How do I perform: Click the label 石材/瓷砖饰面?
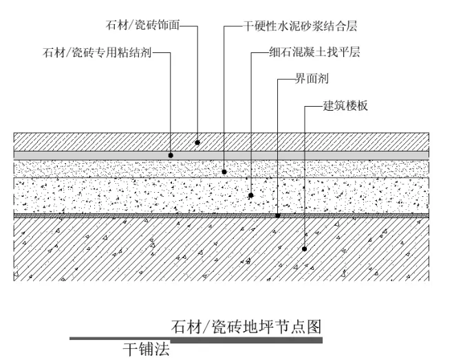(x=142, y=27)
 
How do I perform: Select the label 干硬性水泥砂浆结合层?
(x=301, y=27)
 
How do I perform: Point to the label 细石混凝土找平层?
(x=316, y=52)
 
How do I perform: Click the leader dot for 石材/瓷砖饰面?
(x=197, y=142)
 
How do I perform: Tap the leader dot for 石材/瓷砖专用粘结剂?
(x=171, y=156)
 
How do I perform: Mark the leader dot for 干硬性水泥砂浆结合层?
(x=224, y=170)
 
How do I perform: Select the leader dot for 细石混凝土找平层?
(x=251, y=195)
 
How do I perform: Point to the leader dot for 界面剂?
(x=277, y=215)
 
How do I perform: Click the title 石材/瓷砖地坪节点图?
(x=246, y=326)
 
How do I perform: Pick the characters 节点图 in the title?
(x=299, y=326)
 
